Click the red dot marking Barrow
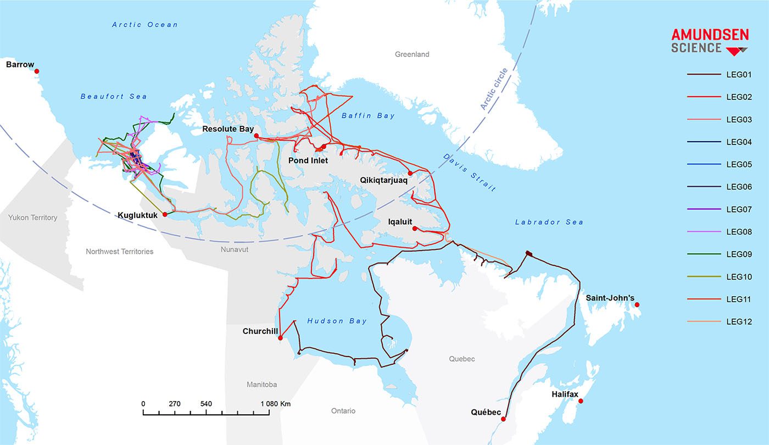(37, 71)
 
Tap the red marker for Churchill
(280, 338)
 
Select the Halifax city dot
(581, 401)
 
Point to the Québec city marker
(504, 419)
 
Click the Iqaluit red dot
(414, 229)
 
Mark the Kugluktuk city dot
(165, 215)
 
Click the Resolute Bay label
(228, 129)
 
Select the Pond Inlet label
(308, 160)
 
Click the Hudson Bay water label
(333, 321)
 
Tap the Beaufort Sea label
(114, 96)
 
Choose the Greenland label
(412, 54)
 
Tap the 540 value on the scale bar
(206, 404)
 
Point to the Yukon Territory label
(32, 218)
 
